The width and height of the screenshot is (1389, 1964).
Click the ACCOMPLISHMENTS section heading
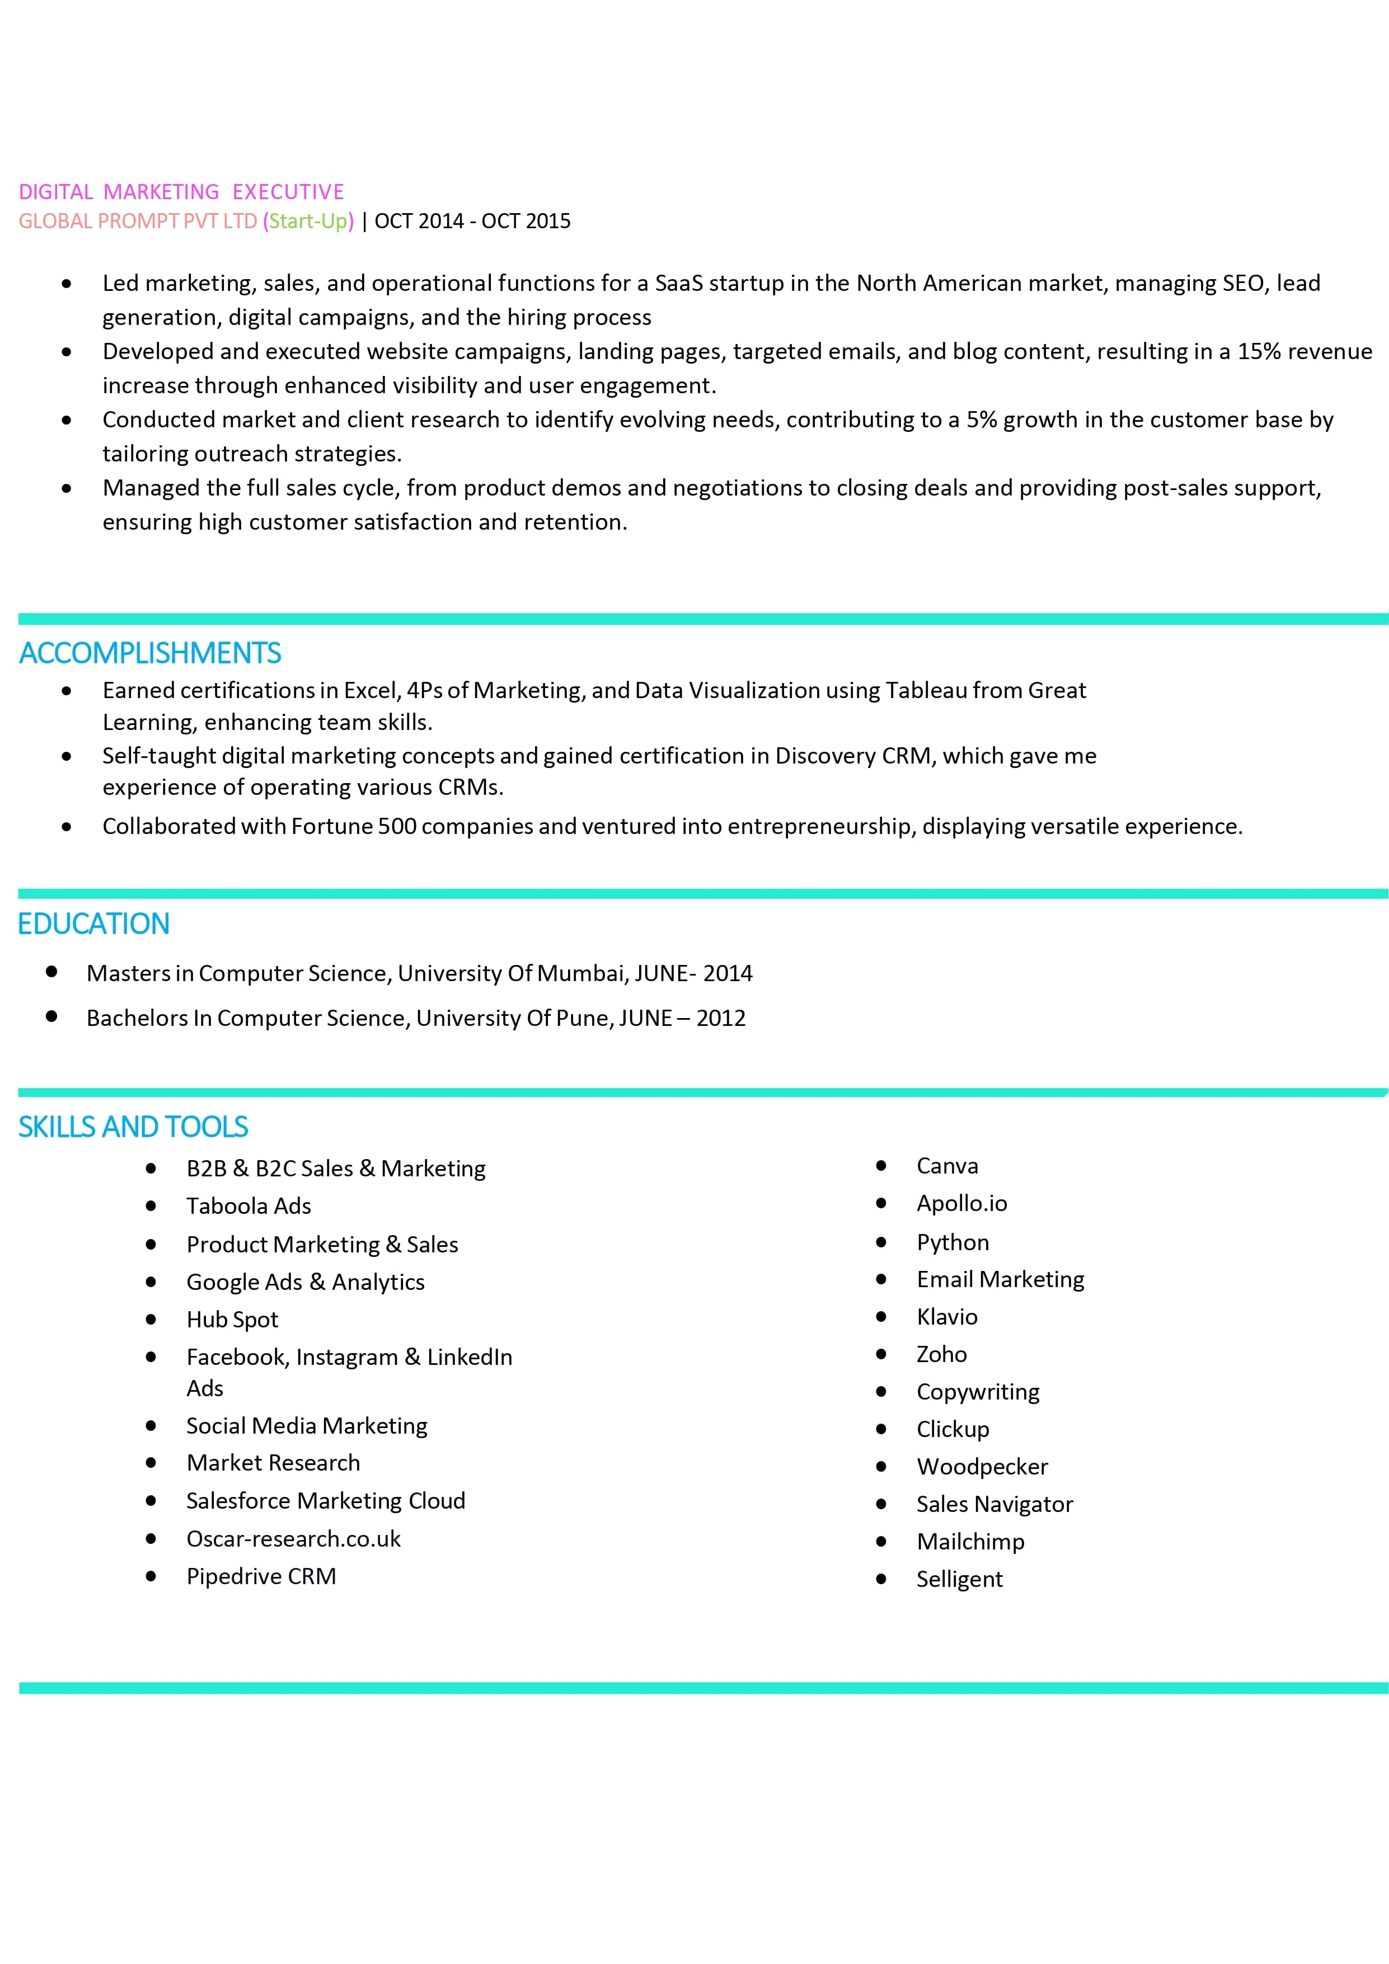coord(150,653)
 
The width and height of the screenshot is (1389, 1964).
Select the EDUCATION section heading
coord(93,924)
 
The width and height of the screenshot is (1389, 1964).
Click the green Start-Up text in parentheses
coord(308,222)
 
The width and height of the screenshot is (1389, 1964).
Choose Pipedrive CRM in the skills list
coord(261,1576)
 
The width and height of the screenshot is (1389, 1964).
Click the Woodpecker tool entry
coord(982,1467)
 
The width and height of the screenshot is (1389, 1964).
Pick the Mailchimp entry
coord(970,1542)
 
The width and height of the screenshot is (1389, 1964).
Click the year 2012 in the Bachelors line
coord(721,1018)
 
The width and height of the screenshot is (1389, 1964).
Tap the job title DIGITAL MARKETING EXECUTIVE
coord(181,192)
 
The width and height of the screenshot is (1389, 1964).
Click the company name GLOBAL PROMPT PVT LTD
coord(138,222)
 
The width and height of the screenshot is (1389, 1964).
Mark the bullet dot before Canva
coord(881,1166)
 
